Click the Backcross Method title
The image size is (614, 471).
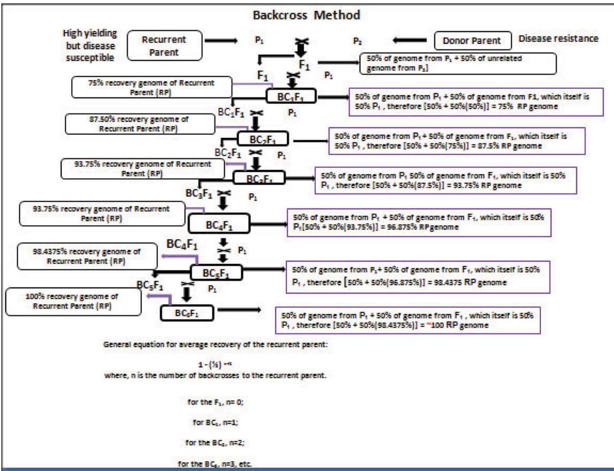[306, 15]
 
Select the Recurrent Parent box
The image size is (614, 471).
[164, 45]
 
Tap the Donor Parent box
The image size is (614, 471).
[472, 41]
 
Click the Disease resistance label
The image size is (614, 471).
[558, 39]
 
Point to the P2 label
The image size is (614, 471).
[357, 41]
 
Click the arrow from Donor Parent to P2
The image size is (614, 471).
[409, 40]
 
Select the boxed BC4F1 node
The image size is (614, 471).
[219, 224]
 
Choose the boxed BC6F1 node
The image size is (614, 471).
[187, 313]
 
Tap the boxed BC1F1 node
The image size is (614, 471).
[291, 96]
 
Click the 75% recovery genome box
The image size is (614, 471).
[152, 88]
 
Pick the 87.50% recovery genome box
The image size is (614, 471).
[140, 124]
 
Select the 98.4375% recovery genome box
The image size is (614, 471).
[87, 256]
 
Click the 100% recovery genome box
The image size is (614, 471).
[73, 302]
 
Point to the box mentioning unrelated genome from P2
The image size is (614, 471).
[457, 64]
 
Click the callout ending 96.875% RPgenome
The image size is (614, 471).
[419, 222]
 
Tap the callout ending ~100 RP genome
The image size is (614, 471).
[407, 321]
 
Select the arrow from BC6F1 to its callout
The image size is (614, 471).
[239, 310]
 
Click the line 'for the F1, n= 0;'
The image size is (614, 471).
[215, 402]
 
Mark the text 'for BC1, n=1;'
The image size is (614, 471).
[215, 423]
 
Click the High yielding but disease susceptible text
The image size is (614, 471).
[90, 45]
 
